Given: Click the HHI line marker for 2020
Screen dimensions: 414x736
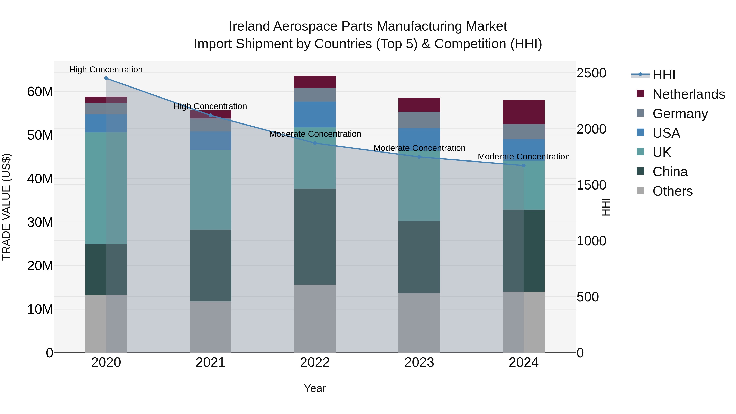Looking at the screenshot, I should click(x=106, y=78).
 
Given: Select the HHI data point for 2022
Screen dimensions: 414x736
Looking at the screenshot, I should click(x=315, y=143).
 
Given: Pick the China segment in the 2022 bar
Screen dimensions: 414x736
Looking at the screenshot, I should click(x=315, y=236).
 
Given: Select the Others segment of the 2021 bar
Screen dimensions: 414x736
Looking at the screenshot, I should click(x=211, y=327).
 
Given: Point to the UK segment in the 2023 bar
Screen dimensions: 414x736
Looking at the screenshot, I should click(x=419, y=188).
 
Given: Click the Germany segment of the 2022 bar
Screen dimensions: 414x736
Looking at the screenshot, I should click(x=315, y=95).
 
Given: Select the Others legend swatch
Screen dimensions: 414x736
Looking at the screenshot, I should click(x=640, y=191).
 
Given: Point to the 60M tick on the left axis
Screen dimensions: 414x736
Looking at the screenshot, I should click(x=40, y=92).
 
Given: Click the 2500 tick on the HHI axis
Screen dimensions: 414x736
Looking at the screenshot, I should click(x=591, y=73).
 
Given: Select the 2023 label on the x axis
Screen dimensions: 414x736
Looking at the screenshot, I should click(x=419, y=362).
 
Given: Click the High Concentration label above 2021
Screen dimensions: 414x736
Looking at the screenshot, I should click(x=210, y=106).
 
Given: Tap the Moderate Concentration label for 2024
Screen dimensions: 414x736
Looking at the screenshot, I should click(x=523, y=157).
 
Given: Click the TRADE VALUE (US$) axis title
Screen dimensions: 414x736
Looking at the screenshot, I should click(x=6, y=207).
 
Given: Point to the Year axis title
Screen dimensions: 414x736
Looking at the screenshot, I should click(x=315, y=388).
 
